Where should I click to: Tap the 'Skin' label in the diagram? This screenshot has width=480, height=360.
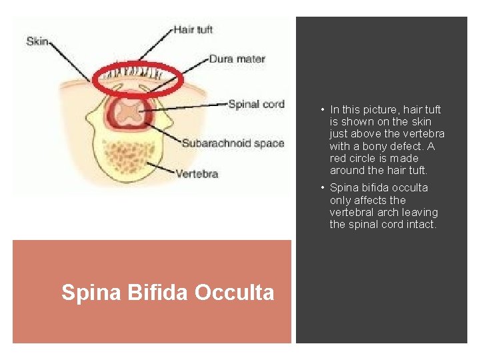37,41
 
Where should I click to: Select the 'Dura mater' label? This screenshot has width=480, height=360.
237,59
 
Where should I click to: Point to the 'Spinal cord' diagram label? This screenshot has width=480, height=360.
256,104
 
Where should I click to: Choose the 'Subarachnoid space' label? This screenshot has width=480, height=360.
233,143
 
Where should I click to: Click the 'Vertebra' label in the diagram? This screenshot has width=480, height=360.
197,175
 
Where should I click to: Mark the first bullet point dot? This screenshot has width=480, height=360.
321,110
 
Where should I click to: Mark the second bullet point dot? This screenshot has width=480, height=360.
321,188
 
